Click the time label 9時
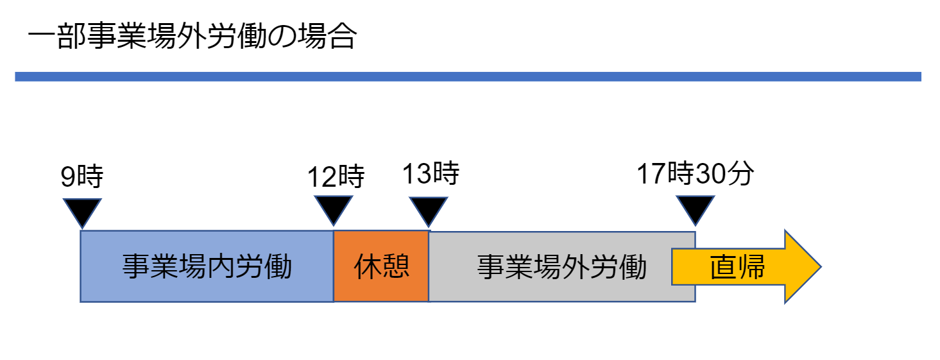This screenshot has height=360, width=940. pyautogui.click(x=82, y=176)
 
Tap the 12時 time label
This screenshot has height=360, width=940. pyautogui.click(x=336, y=176)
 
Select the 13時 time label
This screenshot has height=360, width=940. pyautogui.click(x=431, y=173)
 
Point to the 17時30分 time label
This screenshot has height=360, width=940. pyautogui.click(x=695, y=173)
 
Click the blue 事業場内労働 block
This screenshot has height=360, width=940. pyautogui.click(x=207, y=266)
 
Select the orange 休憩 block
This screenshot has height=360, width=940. pyautogui.click(x=381, y=266)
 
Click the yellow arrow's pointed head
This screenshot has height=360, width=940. pyautogui.click(x=821, y=266)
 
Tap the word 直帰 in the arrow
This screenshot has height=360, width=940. pyautogui.click(x=737, y=267)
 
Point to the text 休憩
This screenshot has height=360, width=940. pyautogui.click(x=382, y=267)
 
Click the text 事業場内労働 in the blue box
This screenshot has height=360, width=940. pyautogui.click(x=207, y=266)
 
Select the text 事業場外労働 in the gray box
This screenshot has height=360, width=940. pyautogui.click(x=561, y=267)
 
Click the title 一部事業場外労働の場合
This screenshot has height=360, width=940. pyautogui.click(x=192, y=36)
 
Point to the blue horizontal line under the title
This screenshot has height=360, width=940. pyautogui.click(x=468, y=76)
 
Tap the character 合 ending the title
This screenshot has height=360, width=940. pyautogui.click(x=343, y=36)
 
